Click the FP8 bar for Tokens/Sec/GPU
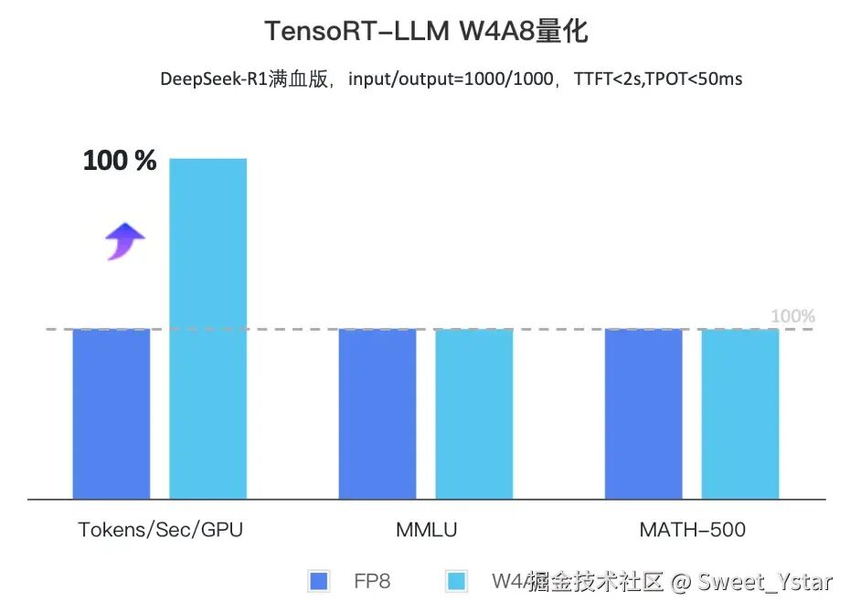(111, 414)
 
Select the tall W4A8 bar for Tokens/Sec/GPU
(207, 329)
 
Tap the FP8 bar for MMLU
(377, 414)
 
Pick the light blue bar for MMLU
(473, 414)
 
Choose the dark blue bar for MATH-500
(643, 414)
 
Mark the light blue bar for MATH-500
(739, 414)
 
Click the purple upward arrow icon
(124, 242)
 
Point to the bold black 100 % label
(120, 162)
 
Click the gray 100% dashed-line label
(792, 317)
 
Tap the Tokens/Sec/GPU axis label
(161, 530)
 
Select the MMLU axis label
(427, 530)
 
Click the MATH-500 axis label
(692, 530)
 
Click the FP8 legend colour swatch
(320, 581)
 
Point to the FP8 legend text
(372, 581)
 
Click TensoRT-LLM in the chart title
(356, 32)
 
